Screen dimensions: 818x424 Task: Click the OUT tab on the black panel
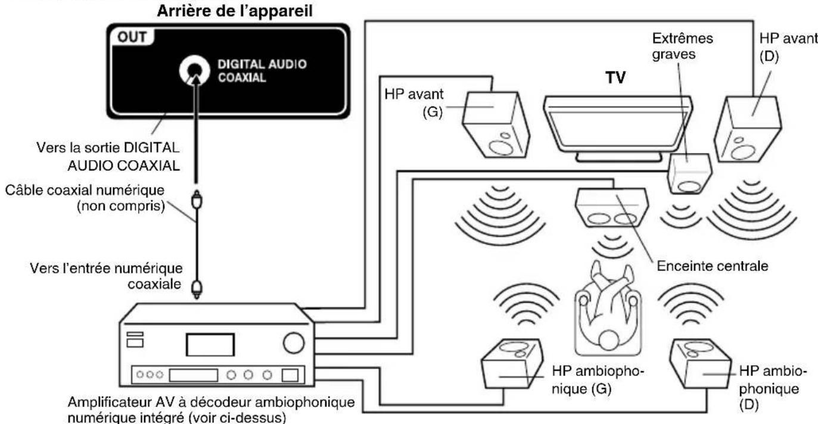point(132,37)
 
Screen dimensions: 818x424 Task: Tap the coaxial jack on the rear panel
point(195,70)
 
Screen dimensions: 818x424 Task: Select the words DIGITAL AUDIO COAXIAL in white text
point(262,71)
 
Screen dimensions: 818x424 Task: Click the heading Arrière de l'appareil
point(235,11)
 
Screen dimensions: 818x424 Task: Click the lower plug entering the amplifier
point(197,289)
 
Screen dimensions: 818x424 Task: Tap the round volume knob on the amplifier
point(294,343)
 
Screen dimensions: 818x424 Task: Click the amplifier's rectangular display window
point(210,344)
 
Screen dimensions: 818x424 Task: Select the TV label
point(615,77)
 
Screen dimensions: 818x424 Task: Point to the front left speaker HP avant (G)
point(496,124)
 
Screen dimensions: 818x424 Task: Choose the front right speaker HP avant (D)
point(747,129)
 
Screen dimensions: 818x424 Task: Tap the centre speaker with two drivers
point(612,207)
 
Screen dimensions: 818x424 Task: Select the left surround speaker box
point(512,363)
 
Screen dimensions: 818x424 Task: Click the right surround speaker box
point(700,363)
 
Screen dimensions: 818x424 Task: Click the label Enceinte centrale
point(712,266)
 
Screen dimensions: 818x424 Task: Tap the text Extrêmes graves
point(682,46)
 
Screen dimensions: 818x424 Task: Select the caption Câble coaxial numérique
point(85,190)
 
